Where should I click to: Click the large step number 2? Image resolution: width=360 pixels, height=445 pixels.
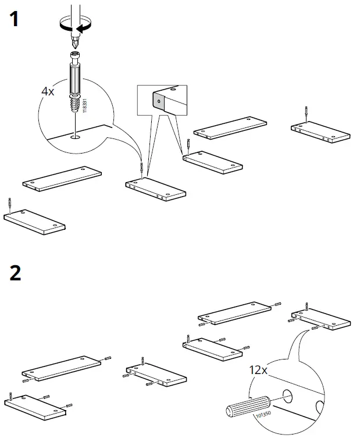(x=16, y=272)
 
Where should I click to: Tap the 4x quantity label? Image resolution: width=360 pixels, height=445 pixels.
(x=48, y=91)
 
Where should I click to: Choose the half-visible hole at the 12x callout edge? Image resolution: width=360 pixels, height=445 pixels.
(x=319, y=405)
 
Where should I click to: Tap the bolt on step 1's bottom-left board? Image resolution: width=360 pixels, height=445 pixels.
(x=10, y=204)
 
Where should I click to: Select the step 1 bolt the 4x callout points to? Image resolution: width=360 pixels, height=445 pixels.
(x=141, y=169)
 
